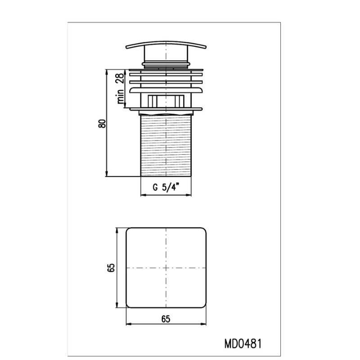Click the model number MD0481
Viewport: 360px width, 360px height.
point(243,344)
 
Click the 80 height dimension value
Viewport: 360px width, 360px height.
point(102,124)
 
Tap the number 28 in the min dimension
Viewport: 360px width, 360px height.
point(120,78)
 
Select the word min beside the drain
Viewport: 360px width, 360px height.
point(120,96)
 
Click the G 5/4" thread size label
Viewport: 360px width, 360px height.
point(166,187)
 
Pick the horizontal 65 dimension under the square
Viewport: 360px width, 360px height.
point(166,319)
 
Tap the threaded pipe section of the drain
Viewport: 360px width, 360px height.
point(166,146)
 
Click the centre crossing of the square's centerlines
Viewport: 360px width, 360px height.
point(166,268)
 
